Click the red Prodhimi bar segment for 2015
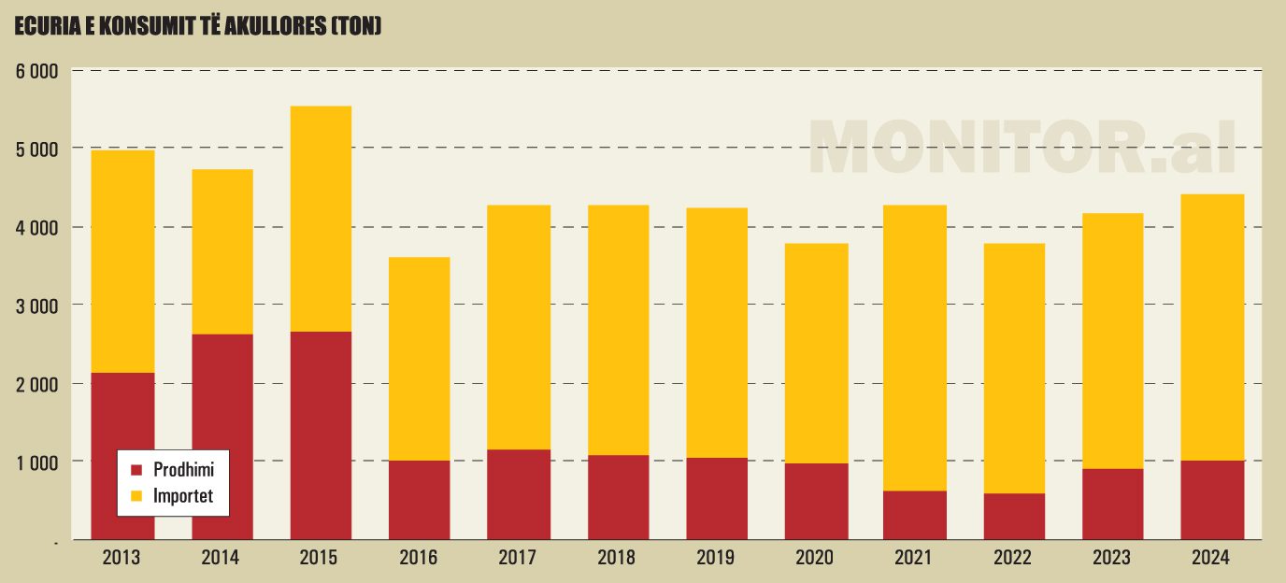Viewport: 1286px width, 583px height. [x=321, y=435]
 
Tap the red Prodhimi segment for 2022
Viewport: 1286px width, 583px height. [x=1014, y=517]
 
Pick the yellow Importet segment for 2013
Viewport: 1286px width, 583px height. [x=123, y=262]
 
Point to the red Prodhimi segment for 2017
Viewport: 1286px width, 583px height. [x=519, y=494]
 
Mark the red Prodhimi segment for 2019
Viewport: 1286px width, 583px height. [x=717, y=499]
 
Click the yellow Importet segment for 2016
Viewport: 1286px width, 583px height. [x=420, y=359]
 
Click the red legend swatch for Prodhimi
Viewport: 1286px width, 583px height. [x=136, y=470]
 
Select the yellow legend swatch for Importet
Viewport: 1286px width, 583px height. [x=136, y=496]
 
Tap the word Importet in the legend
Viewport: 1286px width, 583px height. [x=183, y=496]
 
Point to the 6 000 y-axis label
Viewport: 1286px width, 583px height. [x=36, y=71]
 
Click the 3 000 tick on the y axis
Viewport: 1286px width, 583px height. [x=36, y=306]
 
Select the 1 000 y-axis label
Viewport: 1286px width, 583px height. [x=36, y=462]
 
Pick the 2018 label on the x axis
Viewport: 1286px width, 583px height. [x=617, y=559]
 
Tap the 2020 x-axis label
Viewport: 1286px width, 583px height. [x=815, y=559]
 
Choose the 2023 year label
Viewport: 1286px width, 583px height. [x=1112, y=559]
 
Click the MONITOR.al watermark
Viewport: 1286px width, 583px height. [x=1022, y=148]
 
